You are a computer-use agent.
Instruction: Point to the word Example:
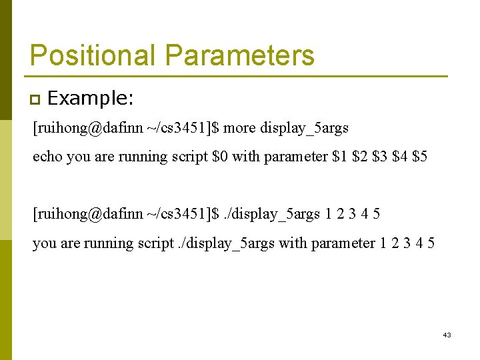click(x=91, y=99)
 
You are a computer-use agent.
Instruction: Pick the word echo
click(x=47, y=157)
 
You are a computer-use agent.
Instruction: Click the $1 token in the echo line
click(x=339, y=157)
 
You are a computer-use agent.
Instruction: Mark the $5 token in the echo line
click(x=421, y=157)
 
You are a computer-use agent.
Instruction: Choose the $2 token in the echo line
click(x=360, y=157)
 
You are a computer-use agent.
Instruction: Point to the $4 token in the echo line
click(x=400, y=157)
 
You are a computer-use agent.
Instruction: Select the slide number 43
click(x=447, y=335)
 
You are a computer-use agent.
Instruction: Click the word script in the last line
click(x=154, y=243)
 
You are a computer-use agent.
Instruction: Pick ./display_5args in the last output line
click(x=226, y=243)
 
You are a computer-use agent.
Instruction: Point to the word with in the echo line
click(x=246, y=157)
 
